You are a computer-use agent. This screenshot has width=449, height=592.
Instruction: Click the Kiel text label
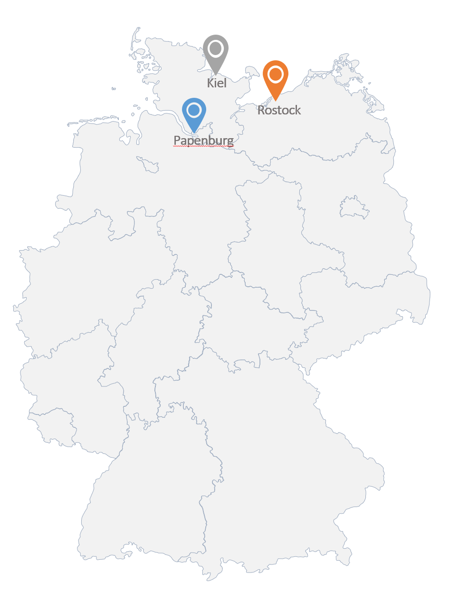[217, 83]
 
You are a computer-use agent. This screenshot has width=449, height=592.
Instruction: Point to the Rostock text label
[279, 110]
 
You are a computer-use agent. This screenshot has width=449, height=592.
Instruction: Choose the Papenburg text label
[203, 141]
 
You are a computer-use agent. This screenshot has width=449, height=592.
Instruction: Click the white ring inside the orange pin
[276, 74]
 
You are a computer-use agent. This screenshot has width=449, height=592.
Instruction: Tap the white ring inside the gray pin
[216, 48]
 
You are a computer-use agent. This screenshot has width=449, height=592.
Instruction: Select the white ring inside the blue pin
[194, 110]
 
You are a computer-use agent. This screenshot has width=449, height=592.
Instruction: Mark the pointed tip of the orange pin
[275, 100]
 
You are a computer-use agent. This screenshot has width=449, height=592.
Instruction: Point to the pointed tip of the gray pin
[216, 74]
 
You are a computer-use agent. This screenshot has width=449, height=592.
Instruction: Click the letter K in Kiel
[210, 83]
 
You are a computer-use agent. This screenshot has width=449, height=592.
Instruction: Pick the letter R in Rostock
[261, 110]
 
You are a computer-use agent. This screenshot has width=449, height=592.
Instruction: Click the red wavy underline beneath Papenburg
[203, 147]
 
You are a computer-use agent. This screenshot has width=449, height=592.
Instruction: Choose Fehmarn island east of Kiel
[250, 72]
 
